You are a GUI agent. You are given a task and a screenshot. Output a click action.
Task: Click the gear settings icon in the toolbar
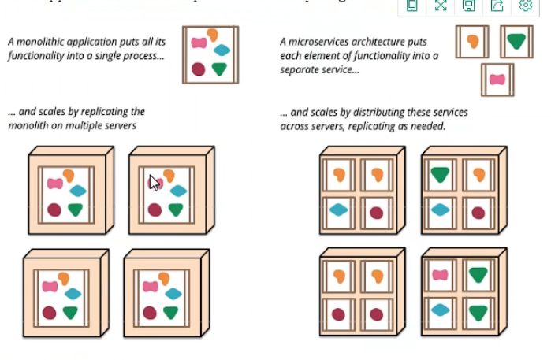tap(526, 6)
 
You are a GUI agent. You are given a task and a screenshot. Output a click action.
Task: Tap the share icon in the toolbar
tap(497, 6)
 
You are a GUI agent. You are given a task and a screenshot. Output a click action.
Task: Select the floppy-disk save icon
tap(468, 6)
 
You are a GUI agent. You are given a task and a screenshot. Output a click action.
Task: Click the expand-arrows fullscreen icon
tap(440, 6)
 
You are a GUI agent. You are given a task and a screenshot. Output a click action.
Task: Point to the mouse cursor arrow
tap(154, 182)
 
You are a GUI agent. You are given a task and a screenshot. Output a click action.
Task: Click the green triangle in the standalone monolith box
tap(220, 69)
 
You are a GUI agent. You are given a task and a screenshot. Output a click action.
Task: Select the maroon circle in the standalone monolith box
tap(199, 69)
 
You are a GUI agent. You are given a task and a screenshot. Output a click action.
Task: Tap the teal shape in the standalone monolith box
tap(222, 50)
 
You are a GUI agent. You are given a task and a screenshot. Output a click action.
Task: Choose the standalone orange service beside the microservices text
tap(472, 41)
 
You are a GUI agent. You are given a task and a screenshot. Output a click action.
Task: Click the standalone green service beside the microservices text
tap(516, 41)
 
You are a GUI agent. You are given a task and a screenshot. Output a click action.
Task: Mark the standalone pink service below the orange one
tap(497, 79)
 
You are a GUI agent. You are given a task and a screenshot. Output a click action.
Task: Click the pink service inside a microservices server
tap(440, 275)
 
